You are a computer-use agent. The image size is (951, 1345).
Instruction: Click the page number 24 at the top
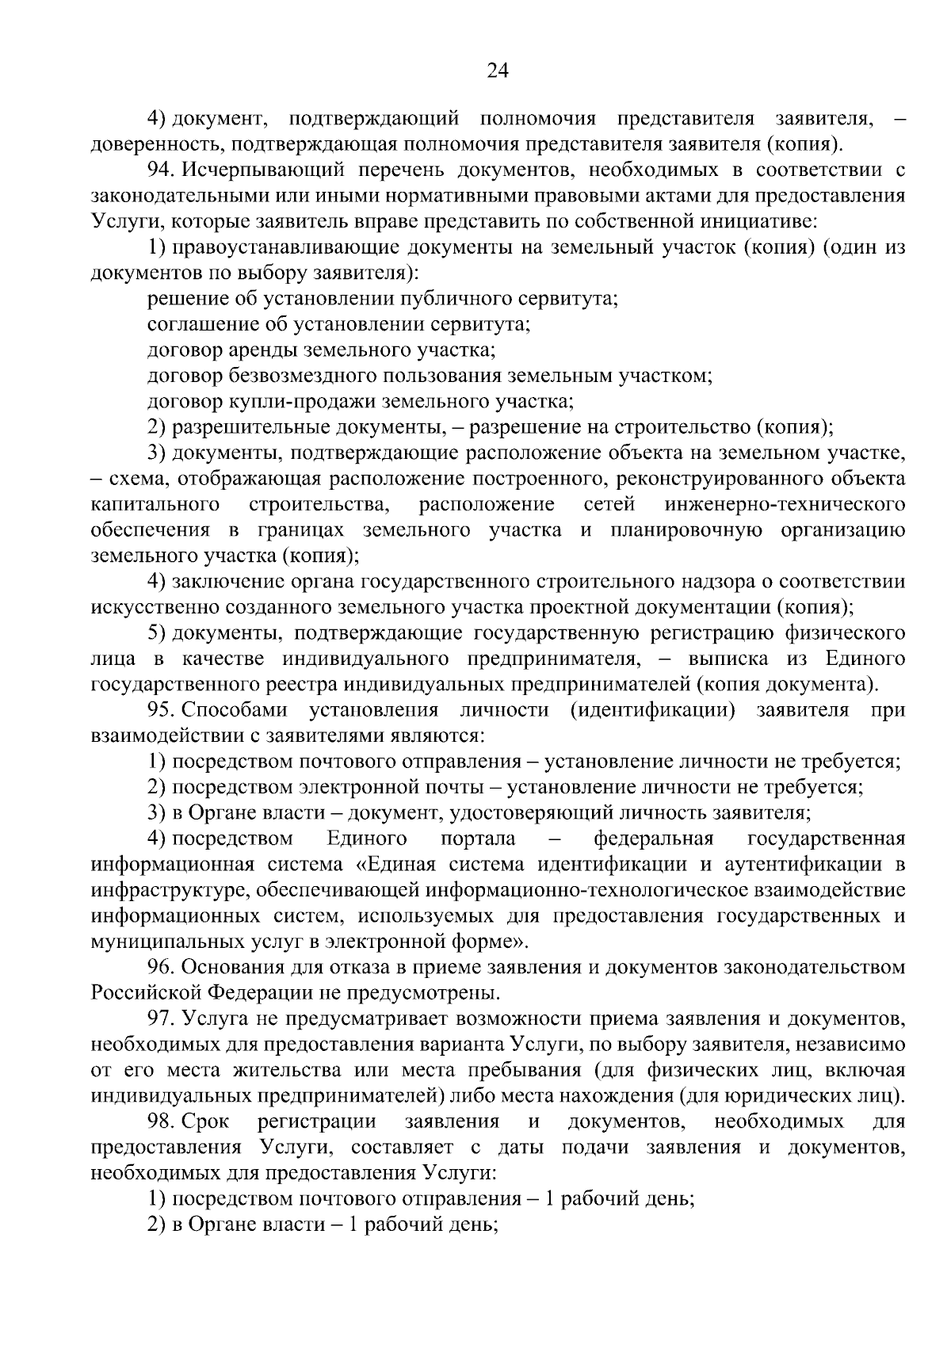(x=497, y=71)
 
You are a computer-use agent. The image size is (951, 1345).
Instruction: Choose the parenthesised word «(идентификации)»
(x=652, y=709)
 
